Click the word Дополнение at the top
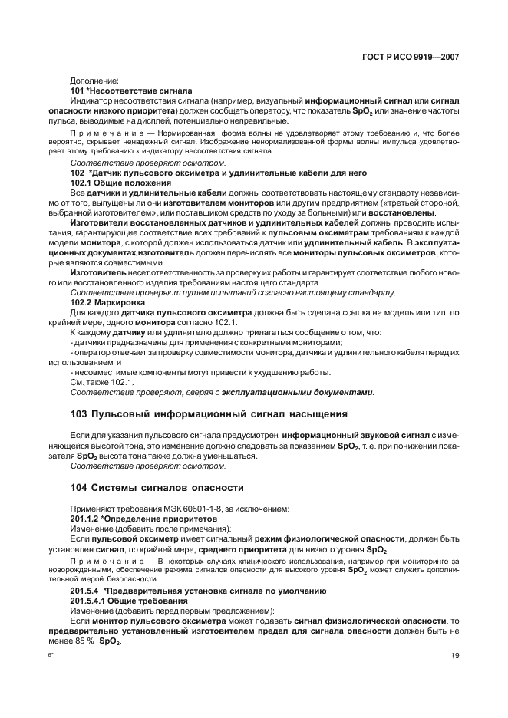pyautogui.click(x=94, y=80)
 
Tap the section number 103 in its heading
pyautogui.click(x=78, y=413)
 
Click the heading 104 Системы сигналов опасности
pyautogui.click(x=157, y=487)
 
